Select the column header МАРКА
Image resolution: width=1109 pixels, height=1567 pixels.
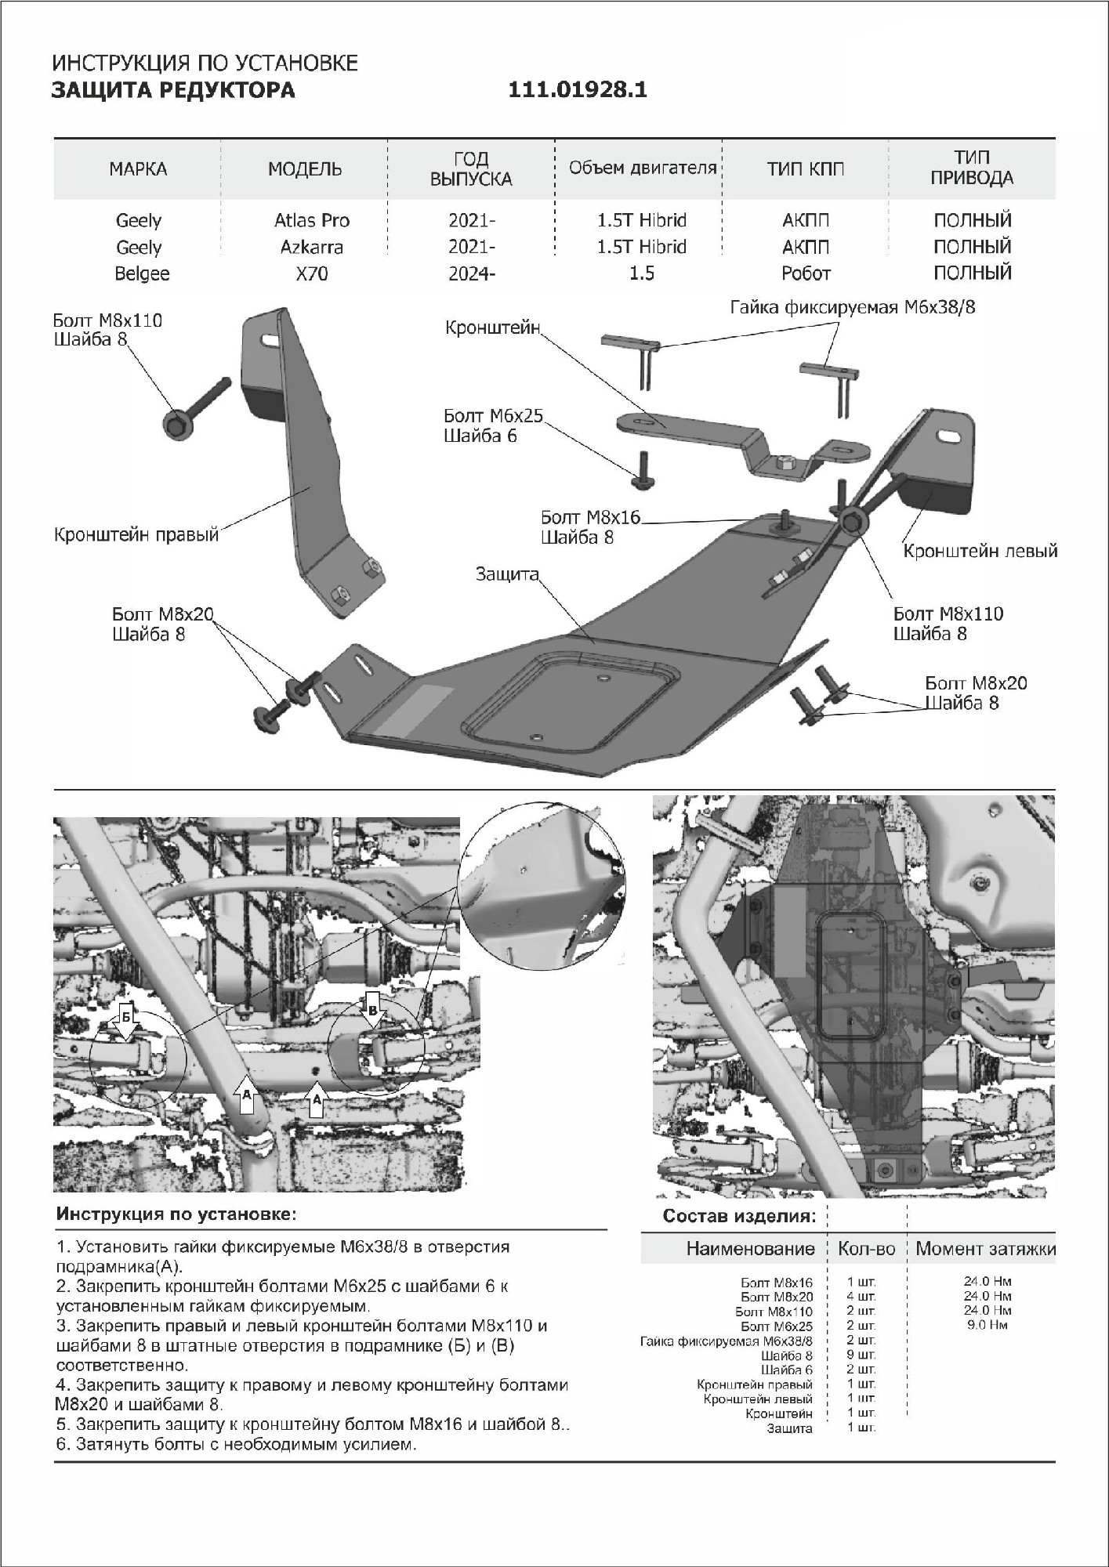tap(138, 169)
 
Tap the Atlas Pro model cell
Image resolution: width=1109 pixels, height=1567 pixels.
tap(311, 220)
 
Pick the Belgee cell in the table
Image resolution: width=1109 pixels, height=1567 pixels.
tap(142, 273)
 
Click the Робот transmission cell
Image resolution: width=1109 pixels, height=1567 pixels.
tap(805, 273)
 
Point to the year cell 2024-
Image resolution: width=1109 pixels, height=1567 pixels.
tap(471, 273)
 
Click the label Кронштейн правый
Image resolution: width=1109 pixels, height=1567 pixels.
tap(136, 536)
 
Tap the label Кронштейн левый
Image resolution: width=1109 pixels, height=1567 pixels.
tap(980, 551)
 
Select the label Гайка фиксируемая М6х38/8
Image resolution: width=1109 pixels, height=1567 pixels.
tap(853, 307)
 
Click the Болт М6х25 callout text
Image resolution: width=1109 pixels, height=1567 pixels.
tap(493, 416)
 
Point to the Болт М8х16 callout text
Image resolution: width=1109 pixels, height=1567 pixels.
tap(590, 518)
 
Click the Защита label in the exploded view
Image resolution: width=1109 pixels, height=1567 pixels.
tap(507, 574)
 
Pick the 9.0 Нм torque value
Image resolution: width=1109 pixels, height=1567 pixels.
tap(987, 1325)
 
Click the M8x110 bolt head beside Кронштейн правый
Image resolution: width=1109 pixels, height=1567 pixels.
tap(175, 424)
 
